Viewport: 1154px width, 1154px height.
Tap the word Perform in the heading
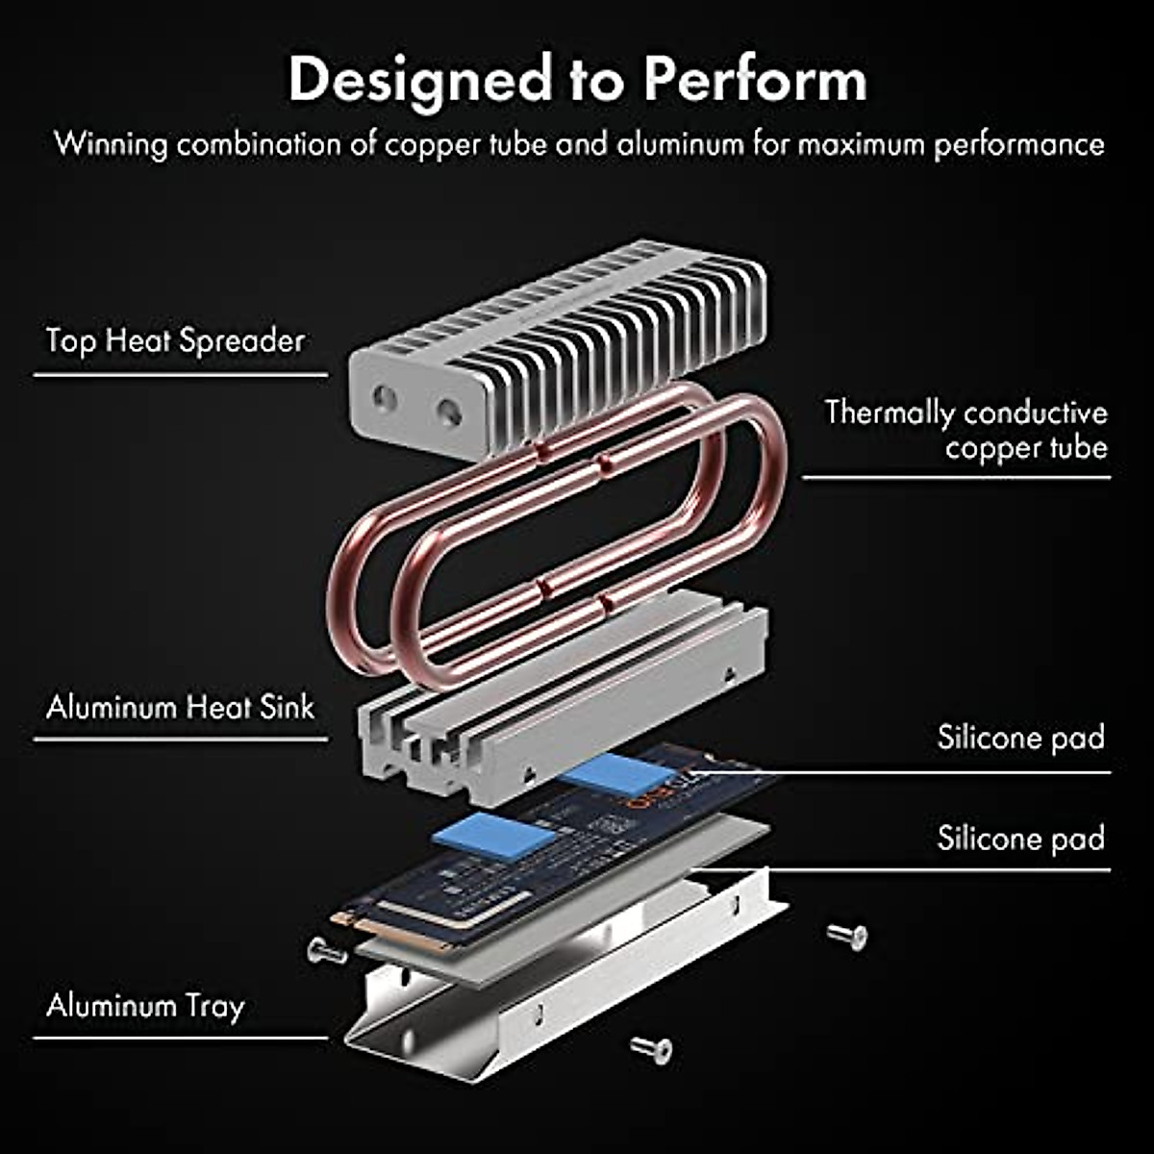[x=754, y=79]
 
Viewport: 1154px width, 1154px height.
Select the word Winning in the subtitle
[x=111, y=144]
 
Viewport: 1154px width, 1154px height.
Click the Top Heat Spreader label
[x=175, y=340]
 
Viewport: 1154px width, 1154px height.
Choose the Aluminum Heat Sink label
[x=180, y=708]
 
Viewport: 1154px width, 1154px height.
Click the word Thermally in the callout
[x=889, y=414]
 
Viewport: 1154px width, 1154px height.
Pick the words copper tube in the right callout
[x=1026, y=448]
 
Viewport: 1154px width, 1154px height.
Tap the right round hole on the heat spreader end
[x=449, y=414]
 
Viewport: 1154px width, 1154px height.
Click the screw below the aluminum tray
[x=651, y=1048]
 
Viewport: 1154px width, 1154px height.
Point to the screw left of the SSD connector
[x=326, y=951]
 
